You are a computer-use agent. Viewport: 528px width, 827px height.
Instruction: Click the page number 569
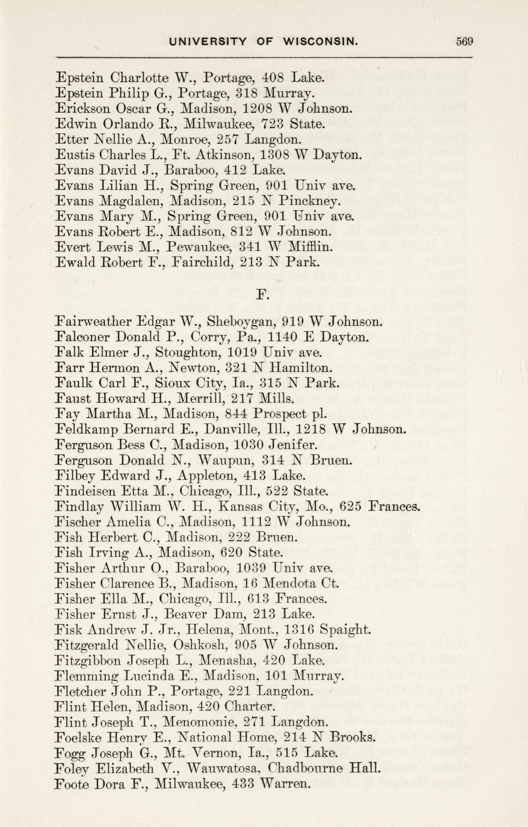[464, 42]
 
